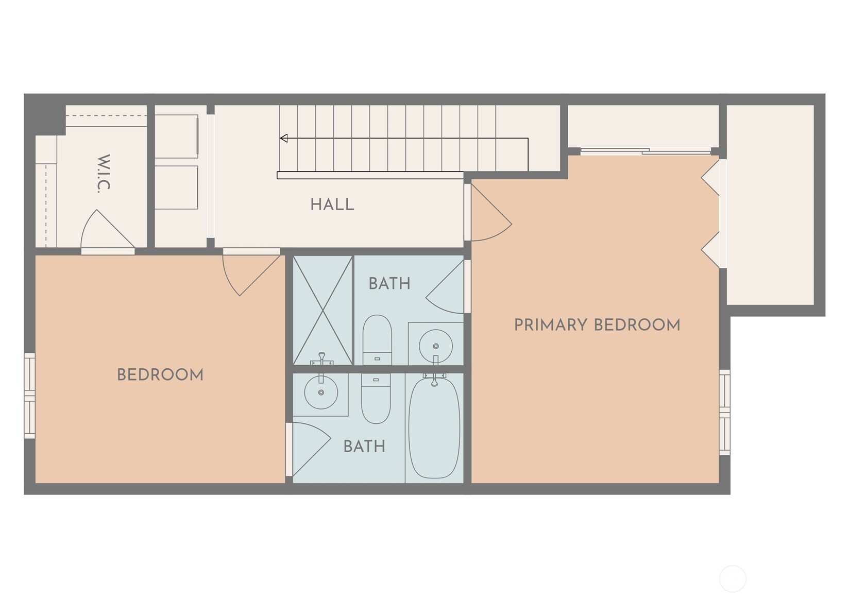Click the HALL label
(x=332, y=204)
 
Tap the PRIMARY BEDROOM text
(x=597, y=325)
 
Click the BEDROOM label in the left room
(x=160, y=375)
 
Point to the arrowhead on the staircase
(x=284, y=138)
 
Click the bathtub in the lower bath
(x=434, y=427)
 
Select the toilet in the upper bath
(x=377, y=338)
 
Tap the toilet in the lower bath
(x=376, y=399)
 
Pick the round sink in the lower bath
(x=321, y=392)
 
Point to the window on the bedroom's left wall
(x=30, y=396)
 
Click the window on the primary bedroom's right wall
(x=724, y=412)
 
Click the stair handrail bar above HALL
(x=370, y=176)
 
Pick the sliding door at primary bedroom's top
(x=647, y=151)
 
